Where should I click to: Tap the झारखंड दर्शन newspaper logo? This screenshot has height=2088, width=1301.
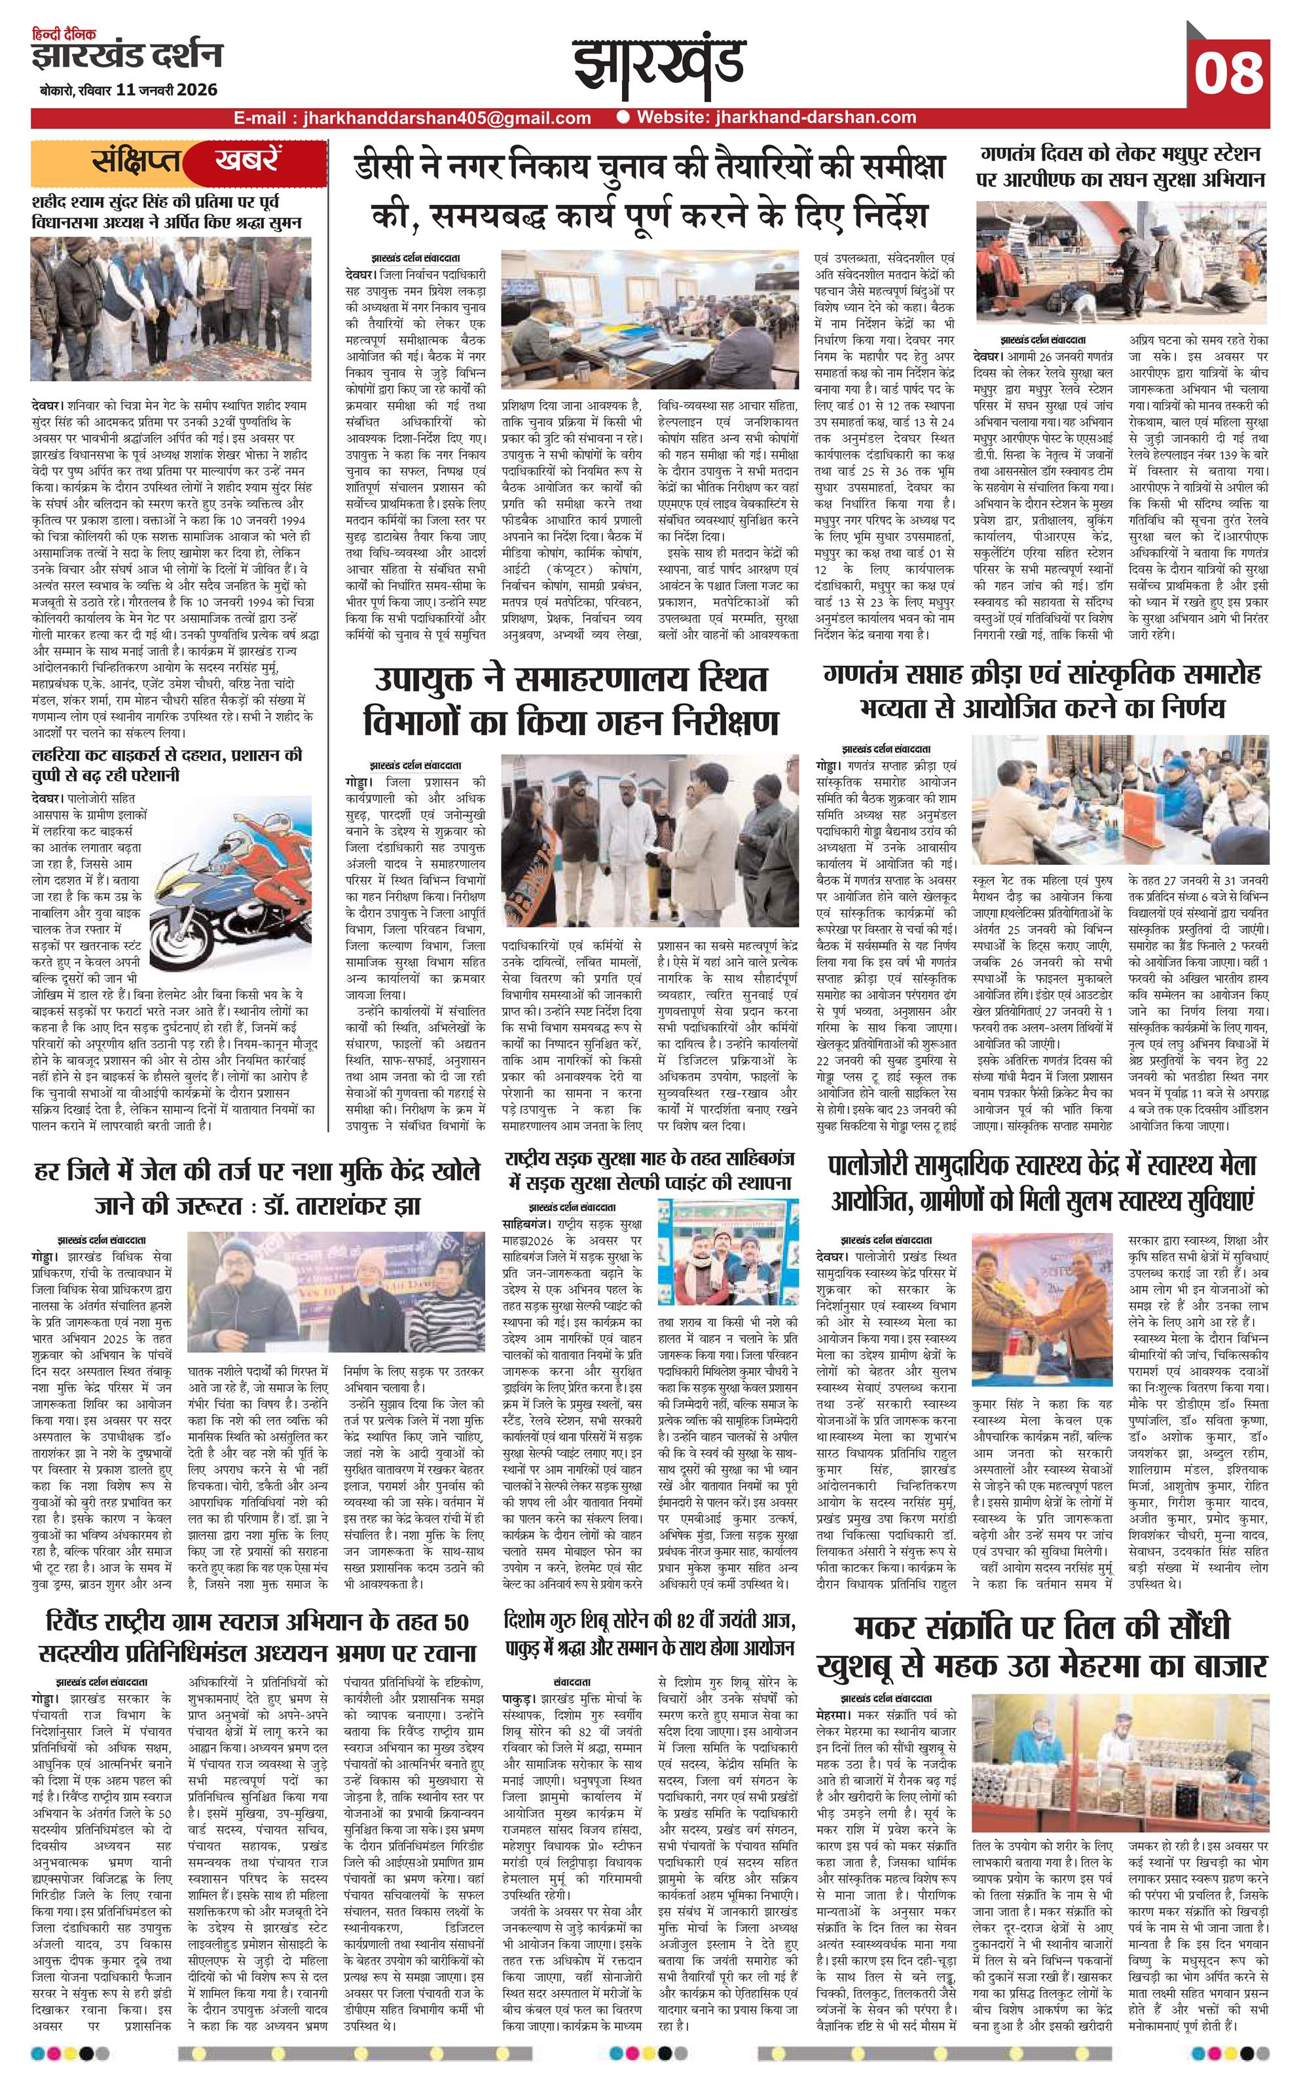pyautogui.click(x=126, y=57)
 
